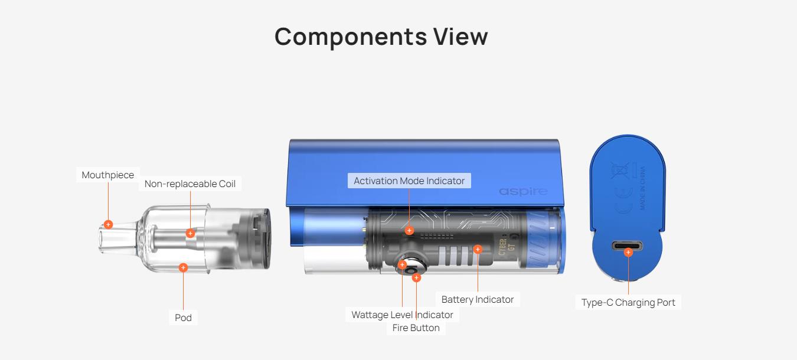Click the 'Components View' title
381,37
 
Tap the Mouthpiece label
108,175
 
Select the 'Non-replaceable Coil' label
190,184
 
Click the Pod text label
183,318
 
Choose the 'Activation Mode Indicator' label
409,181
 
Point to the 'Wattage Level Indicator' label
402,315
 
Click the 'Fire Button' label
416,328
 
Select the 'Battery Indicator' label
477,299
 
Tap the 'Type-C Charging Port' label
628,302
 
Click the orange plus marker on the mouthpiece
108,224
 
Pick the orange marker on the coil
190,233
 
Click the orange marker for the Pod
183,267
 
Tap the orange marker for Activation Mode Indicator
409,230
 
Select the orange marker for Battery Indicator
478,249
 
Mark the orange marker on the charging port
628,252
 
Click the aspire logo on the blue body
523,191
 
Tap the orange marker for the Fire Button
416,277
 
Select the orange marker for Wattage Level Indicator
403,265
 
